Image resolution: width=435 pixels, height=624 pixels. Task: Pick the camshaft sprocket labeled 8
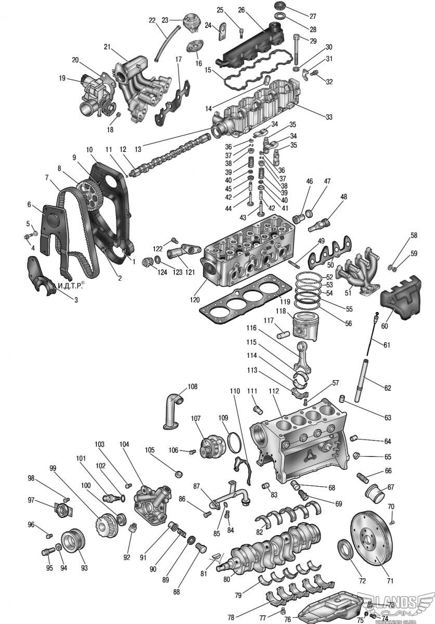click(87, 192)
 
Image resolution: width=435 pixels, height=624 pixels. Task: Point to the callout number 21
click(107, 47)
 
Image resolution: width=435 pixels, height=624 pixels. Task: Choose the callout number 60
click(385, 326)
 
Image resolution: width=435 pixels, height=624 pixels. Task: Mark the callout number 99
click(53, 468)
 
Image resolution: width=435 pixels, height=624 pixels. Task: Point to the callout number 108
click(193, 386)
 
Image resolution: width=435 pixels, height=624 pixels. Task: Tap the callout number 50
click(330, 265)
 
